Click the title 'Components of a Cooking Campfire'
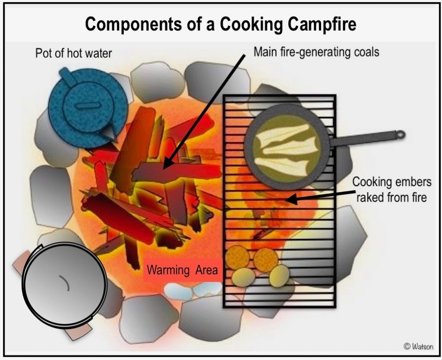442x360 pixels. (x=221, y=24)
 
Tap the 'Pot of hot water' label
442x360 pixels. (x=73, y=54)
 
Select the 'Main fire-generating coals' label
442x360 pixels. (x=316, y=52)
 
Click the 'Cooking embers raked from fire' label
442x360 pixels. (x=391, y=189)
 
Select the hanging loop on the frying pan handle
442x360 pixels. (x=400, y=134)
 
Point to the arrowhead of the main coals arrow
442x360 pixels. (x=166, y=164)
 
